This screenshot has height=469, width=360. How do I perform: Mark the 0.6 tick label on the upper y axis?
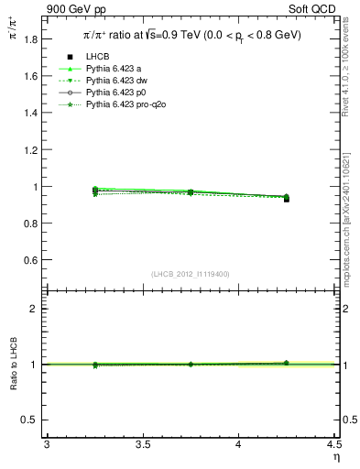(30, 260)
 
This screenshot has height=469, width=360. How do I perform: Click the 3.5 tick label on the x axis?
(142, 444)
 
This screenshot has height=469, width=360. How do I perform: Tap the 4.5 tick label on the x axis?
(333, 444)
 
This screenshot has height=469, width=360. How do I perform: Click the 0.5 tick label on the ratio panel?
(30, 420)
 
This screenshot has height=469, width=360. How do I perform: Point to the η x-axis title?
(334, 456)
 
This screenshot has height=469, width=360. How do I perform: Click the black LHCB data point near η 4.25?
(286, 199)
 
